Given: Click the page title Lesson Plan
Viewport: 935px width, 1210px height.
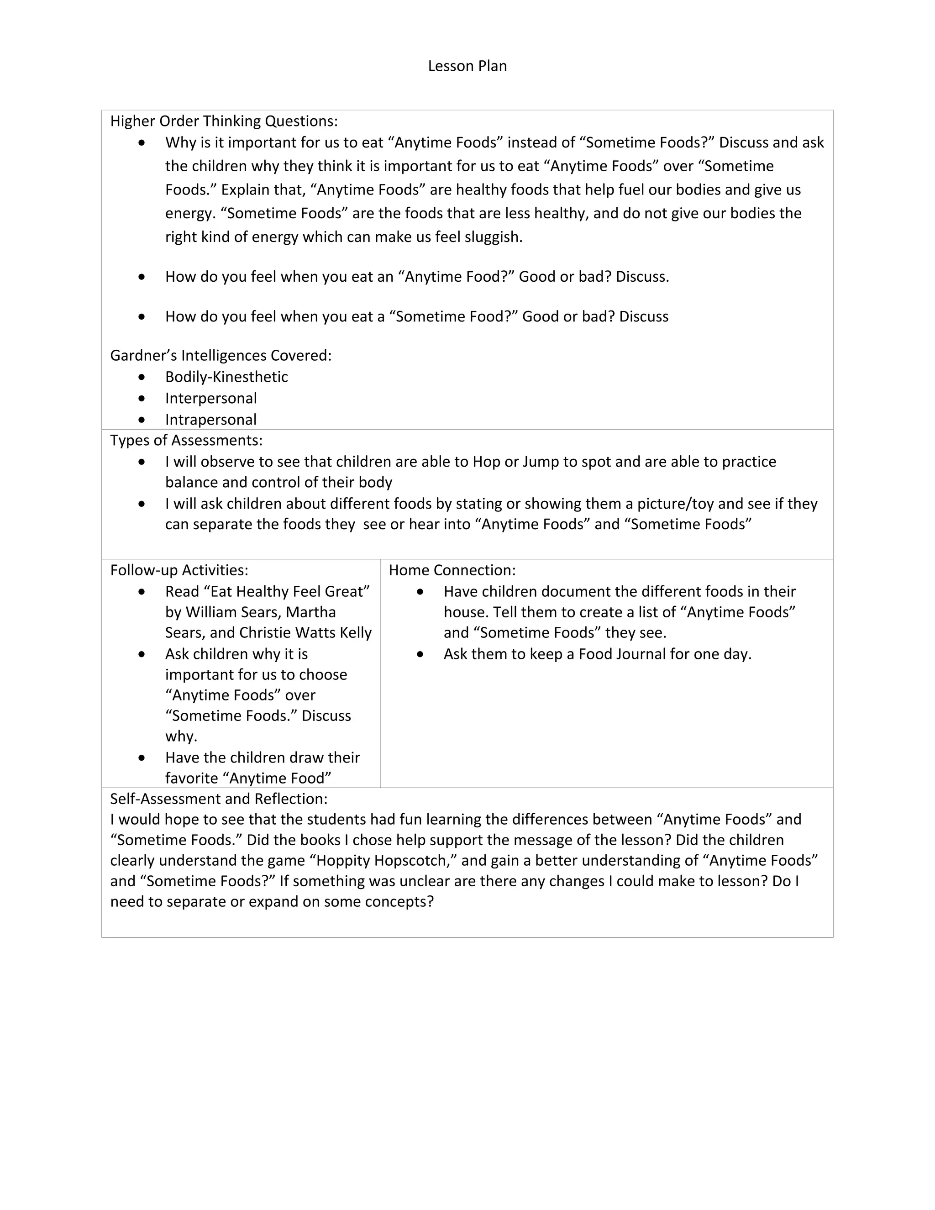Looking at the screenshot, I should [467, 66].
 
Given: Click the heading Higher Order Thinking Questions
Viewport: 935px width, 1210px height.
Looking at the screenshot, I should [224, 121].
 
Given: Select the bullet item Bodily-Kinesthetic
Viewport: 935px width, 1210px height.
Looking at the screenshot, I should [226, 377].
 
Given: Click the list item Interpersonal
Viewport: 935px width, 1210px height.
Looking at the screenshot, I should [210, 398].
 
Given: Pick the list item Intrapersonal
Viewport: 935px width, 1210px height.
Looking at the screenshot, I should [210, 420].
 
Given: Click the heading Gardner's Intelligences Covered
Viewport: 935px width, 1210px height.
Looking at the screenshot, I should [221, 355].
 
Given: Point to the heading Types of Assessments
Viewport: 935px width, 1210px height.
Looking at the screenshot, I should [186, 441].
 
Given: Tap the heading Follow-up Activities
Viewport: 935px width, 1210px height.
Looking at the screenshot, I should [179, 570].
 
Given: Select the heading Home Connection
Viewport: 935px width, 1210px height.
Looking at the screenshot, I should [452, 570].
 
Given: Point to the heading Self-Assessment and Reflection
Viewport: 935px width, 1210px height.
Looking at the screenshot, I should [219, 799].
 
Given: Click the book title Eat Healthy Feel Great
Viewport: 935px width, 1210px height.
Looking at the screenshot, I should [267, 592].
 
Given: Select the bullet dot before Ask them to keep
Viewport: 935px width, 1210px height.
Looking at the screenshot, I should [420, 654].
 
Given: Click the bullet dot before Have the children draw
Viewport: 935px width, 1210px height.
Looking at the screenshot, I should [142, 758].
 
